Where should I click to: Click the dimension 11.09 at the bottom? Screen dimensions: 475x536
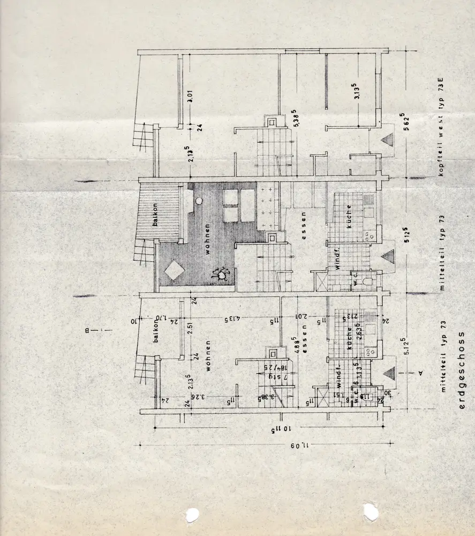[x=300, y=445]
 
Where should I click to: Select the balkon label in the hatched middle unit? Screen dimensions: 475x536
[x=155, y=215]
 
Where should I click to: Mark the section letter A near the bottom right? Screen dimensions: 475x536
[x=421, y=371]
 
